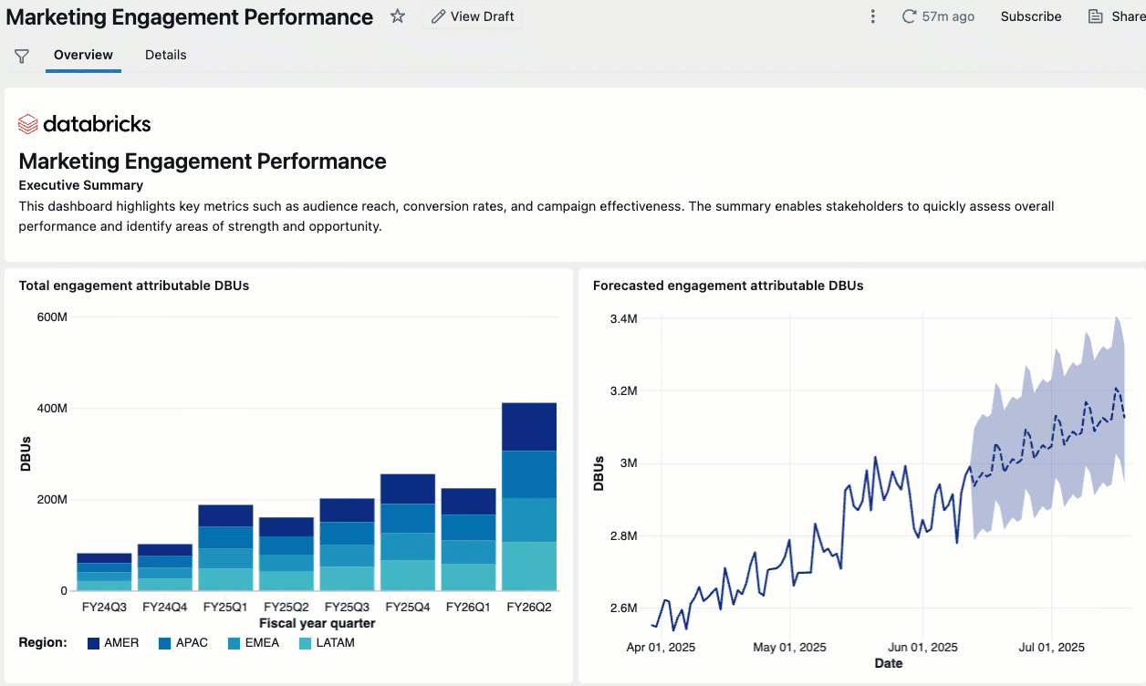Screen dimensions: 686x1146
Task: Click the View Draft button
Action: (472, 16)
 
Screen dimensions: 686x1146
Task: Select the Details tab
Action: (165, 55)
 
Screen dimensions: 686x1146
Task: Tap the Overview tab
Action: (83, 55)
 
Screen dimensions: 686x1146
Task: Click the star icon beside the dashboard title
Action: (398, 16)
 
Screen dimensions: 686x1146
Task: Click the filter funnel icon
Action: (22, 57)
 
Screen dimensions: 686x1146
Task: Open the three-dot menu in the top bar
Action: (873, 16)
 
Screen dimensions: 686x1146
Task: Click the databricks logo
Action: (84, 124)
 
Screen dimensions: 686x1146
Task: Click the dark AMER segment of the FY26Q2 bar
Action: (529, 426)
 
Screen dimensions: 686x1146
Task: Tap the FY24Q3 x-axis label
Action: (103, 608)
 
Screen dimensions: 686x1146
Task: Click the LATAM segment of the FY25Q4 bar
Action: (408, 575)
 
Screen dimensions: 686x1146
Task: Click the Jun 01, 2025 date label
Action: (922, 648)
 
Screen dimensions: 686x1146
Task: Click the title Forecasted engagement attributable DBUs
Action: (727, 286)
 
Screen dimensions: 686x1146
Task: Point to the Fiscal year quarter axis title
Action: (317, 624)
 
